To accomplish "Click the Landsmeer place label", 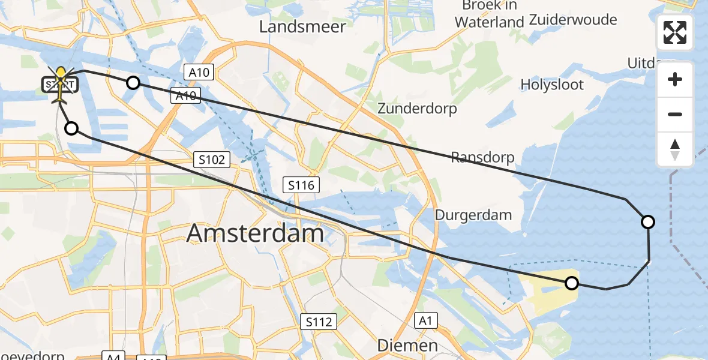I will pyautogui.click(x=302, y=27).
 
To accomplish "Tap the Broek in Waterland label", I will pyautogui.click(x=489, y=14).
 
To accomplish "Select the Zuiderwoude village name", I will pyautogui.click(x=573, y=20).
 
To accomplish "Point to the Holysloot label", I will pyautogui.click(x=552, y=85).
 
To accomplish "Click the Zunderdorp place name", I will pyautogui.click(x=417, y=109).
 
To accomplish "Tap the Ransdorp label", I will pyautogui.click(x=482, y=158).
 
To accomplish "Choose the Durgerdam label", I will pyautogui.click(x=473, y=215).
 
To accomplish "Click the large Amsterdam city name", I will pyautogui.click(x=255, y=233).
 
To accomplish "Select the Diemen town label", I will pyautogui.click(x=407, y=346).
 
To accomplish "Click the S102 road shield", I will pyautogui.click(x=212, y=160).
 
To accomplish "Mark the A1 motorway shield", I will pyautogui.click(x=425, y=321).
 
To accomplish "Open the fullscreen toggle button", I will pyautogui.click(x=675, y=32).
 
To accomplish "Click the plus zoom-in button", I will pyautogui.click(x=675, y=80).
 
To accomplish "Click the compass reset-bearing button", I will pyautogui.click(x=675, y=149).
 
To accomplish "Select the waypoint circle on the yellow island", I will pyautogui.click(x=572, y=283).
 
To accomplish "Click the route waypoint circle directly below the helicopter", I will pyautogui.click(x=71, y=128).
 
